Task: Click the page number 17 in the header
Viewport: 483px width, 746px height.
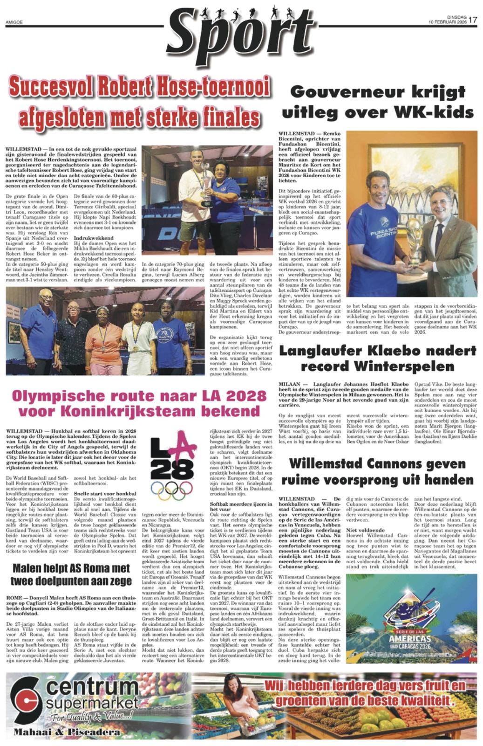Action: point(473,20)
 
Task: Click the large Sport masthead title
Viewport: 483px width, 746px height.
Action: point(240,35)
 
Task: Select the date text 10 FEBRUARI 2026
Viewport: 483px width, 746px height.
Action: point(448,22)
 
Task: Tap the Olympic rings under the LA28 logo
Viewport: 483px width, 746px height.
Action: point(172,490)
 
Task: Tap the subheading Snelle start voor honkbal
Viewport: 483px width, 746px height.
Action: point(105,493)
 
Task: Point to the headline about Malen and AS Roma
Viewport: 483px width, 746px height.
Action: point(71,574)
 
